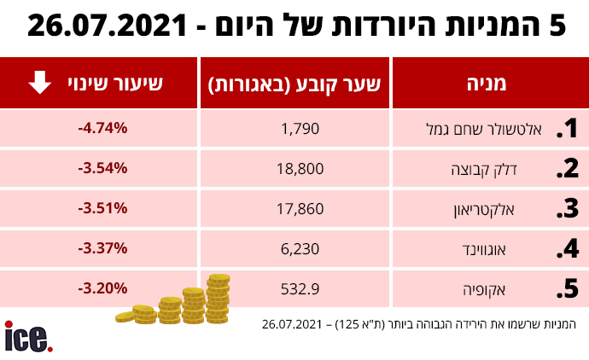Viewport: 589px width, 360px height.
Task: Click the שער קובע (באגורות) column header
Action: point(294,83)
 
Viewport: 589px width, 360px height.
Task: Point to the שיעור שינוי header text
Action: point(126,83)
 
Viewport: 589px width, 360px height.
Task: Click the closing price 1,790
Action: point(299,129)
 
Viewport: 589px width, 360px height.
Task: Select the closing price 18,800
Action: point(299,168)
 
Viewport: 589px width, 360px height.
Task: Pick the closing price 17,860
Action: point(299,208)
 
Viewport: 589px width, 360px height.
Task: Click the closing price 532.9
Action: point(299,288)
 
